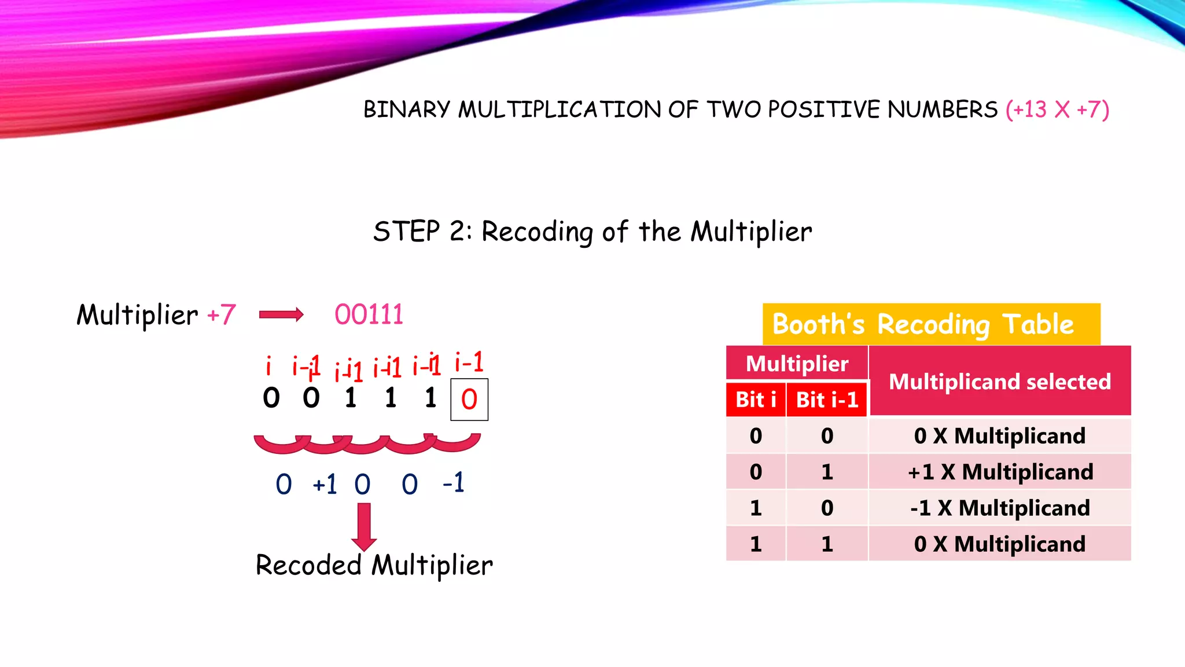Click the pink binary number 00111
click(369, 315)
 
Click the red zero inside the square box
click(469, 400)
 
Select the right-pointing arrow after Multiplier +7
click(281, 315)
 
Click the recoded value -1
click(453, 483)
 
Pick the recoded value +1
click(325, 484)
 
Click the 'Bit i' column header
click(756, 400)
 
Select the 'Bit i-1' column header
click(827, 400)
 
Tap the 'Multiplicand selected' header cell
click(1000, 382)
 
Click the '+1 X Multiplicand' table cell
click(1000, 472)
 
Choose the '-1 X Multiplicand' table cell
click(1000, 508)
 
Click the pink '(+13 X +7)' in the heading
click(1057, 109)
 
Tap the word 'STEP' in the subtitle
click(406, 232)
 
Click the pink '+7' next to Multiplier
click(221, 315)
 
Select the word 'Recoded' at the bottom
click(308, 565)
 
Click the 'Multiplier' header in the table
click(797, 364)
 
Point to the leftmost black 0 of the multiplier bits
click(271, 398)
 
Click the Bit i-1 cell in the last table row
click(827, 544)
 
